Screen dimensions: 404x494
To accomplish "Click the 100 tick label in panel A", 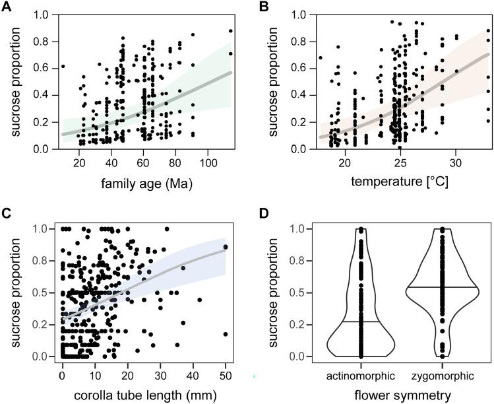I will (208, 162).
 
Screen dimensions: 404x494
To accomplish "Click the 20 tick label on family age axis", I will (79, 162).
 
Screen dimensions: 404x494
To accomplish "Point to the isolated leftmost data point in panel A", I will (63, 66).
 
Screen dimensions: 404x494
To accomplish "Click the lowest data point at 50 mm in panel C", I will (226, 334).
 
